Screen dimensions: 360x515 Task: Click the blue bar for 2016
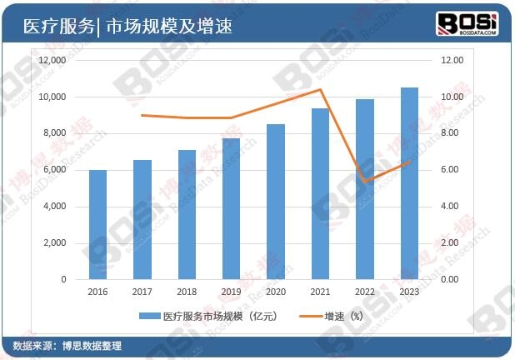97,224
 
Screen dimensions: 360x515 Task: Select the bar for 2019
231,208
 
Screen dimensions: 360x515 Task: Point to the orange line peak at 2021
320,89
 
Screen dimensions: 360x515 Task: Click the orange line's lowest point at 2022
365,182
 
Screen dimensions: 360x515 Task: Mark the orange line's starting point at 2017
142,115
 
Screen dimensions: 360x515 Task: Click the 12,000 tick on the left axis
52,61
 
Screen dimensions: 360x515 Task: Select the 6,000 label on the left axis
54,170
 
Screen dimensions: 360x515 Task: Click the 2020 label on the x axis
275,292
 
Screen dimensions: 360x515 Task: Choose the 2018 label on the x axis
187,292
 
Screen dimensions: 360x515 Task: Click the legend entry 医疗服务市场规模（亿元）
208,317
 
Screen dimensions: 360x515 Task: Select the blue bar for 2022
365,189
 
